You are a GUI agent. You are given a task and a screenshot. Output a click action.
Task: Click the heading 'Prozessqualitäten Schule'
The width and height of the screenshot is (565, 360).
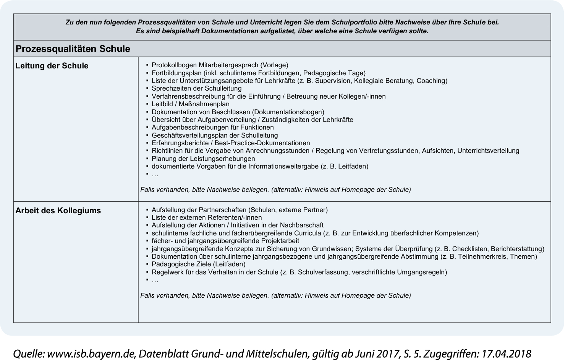click(x=73, y=49)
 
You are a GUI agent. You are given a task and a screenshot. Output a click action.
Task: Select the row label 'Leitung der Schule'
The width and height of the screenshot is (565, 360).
click(x=52, y=66)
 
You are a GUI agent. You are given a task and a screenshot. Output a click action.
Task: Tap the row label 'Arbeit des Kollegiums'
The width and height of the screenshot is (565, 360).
click(x=58, y=211)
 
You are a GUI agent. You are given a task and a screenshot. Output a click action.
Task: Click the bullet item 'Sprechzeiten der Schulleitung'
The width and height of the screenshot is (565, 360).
click(x=196, y=88)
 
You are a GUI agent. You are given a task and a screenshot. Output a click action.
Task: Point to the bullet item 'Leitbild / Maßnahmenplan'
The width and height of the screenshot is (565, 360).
click(x=190, y=104)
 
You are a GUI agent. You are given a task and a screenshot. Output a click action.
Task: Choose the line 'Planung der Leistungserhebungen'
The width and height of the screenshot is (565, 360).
click(x=203, y=159)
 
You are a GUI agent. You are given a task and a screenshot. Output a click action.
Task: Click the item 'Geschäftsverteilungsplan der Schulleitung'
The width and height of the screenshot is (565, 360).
click(x=215, y=135)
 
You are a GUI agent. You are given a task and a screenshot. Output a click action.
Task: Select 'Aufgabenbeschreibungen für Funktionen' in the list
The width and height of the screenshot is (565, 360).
click(x=212, y=127)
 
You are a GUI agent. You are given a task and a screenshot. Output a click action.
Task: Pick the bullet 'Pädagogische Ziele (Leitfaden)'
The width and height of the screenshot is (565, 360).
click(x=198, y=264)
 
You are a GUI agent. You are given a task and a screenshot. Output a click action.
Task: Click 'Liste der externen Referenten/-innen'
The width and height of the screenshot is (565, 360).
click(x=207, y=217)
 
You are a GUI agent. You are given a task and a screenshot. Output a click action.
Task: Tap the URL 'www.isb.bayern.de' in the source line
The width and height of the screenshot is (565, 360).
click(x=91, y=354)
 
